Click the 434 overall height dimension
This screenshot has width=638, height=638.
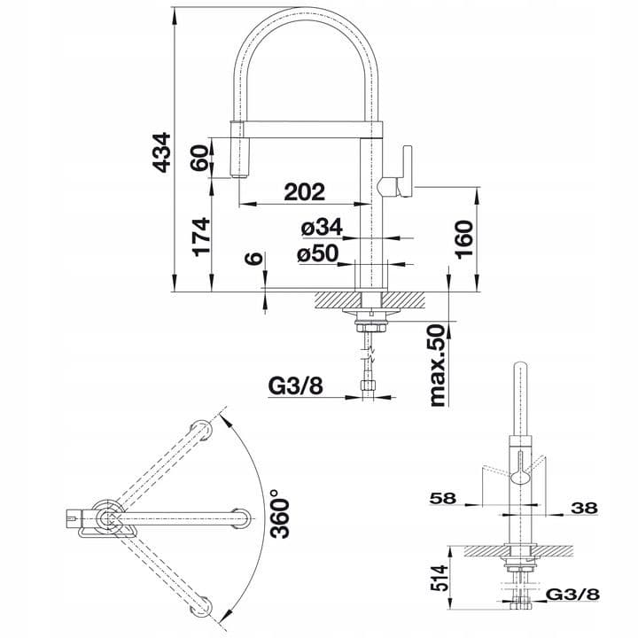(x=161, y=152)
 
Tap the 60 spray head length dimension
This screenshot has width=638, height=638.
(x=199, y=158)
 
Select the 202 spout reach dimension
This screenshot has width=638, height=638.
(x=305, y=192)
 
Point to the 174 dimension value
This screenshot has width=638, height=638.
(x=202, y=237)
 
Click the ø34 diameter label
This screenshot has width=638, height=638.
(x=322, y=227)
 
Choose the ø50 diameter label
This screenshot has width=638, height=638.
(x=318, y=253)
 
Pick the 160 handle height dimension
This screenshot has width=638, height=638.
(x=464, y=239)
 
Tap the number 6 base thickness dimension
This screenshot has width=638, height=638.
(x=254, y=258)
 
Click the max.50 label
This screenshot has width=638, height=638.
(x=438, y=364)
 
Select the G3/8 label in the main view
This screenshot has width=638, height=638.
(x=296, y=385)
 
